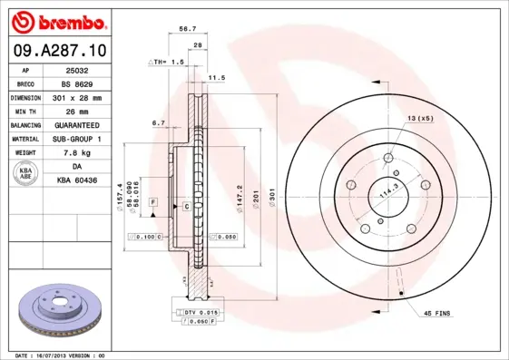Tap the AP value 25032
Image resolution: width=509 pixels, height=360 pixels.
(x=77, y=69)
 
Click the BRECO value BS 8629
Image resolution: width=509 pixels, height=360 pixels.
(x=77, y=83)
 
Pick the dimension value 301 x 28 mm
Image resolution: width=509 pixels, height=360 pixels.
(x=77, y=96)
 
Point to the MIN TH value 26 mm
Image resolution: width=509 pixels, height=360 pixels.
(x=77, y=111)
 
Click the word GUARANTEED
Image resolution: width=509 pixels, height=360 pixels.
(x=77, y=124)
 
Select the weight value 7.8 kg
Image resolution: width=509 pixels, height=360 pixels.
(x=77, y=152)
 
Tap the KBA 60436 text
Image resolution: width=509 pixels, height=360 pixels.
(x=77, y=181)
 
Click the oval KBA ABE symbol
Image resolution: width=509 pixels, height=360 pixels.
(x=26, y=174)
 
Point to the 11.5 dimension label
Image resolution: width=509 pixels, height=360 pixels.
(x=217, y=78)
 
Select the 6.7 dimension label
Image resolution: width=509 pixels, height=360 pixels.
(x=158, y=122)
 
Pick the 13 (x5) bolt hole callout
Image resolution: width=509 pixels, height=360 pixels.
(x=419, y=119)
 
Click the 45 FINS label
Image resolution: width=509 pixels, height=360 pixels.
(x=437, y=313)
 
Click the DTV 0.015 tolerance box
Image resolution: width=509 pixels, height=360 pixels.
(x=202, y=312)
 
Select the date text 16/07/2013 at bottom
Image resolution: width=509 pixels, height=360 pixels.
(x=71, y=355)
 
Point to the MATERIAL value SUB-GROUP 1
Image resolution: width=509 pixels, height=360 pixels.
(x=77, y=139)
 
